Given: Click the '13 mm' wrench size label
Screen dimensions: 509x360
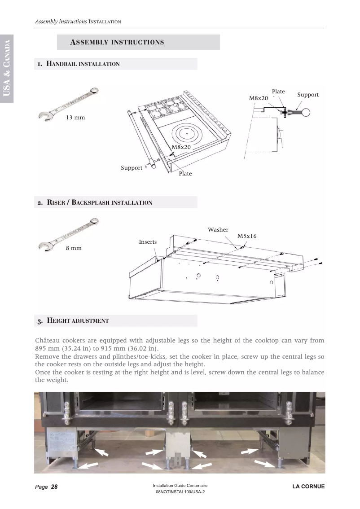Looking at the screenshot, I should (x=75, y=118).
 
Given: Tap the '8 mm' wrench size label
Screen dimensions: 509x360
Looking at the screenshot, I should (x=74, y=248).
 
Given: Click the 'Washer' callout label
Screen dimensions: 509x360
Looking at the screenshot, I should (x=218, y=230).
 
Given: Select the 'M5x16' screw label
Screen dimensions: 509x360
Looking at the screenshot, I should (x=247, y=236).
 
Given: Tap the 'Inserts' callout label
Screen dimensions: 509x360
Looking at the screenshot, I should (x=148, y=242).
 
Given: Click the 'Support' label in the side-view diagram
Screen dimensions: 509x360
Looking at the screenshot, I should (x=308, y=95).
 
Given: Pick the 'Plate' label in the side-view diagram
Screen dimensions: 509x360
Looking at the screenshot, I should (x=278, y=92).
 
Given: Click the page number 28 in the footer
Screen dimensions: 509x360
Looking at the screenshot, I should (x=54, y=487).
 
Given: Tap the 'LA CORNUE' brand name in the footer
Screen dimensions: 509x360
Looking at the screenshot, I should (x=308, y=487).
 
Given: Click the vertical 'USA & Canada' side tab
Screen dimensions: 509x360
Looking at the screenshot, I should (x=7, y=67).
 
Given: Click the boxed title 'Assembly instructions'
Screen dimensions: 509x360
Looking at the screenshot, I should (x=117, y=42).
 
